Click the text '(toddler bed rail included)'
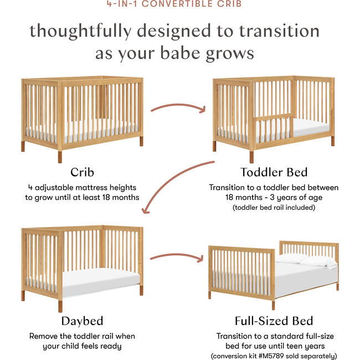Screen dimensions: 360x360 coord(274,208)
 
